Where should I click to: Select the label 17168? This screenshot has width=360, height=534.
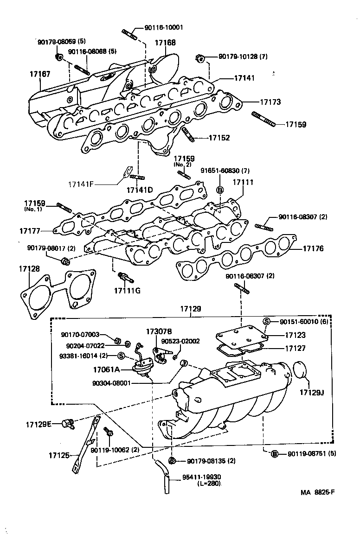[x=165, y=42]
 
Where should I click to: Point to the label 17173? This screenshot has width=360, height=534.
[x=270, y=102]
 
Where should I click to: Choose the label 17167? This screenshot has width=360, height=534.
[x=40, y=74]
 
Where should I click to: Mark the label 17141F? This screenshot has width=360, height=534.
[x=81, y=184]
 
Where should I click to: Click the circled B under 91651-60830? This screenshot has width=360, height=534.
[x=220, y=190]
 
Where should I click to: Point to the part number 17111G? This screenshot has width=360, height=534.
[x=127, y=290]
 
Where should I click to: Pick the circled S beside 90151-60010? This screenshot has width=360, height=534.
[x=267, y=322]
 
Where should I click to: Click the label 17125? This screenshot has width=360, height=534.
[x=58, y=456]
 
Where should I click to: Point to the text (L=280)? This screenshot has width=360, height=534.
[x=209, y=483]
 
